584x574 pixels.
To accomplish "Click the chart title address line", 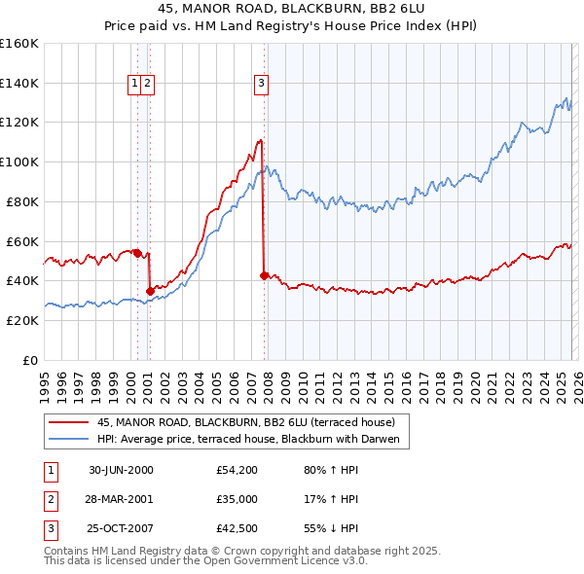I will click(291, 9).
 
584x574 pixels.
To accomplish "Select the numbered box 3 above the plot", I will click(262, 84).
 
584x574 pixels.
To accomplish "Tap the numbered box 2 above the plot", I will click(146, 84).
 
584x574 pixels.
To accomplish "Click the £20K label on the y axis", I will click(21, 320).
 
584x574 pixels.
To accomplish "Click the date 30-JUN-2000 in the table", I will click(121, 470).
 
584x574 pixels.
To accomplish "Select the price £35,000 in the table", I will click(237, 499).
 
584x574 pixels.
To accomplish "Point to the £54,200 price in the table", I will click(237, 470).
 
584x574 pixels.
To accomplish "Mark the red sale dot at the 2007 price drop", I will click(264, 275).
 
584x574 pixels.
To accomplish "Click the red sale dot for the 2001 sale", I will click(150, 290).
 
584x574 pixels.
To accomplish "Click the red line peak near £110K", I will click(260, 141).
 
